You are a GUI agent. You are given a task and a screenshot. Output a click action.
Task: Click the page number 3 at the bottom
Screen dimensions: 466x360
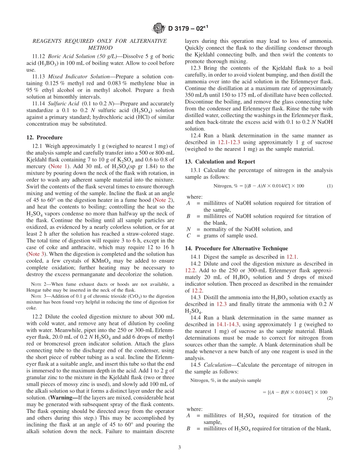point(180,447)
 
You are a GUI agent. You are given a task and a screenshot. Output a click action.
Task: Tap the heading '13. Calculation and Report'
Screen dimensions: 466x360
point(220,162)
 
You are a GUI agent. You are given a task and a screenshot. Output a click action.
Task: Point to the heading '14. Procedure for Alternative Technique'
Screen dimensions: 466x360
point(236,249)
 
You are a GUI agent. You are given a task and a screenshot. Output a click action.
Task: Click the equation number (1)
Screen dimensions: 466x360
point(329,186)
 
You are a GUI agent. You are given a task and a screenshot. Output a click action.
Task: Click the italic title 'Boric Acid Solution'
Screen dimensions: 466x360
point(74,56)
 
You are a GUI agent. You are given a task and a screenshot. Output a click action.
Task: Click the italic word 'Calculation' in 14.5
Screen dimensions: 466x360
point(217,365)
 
